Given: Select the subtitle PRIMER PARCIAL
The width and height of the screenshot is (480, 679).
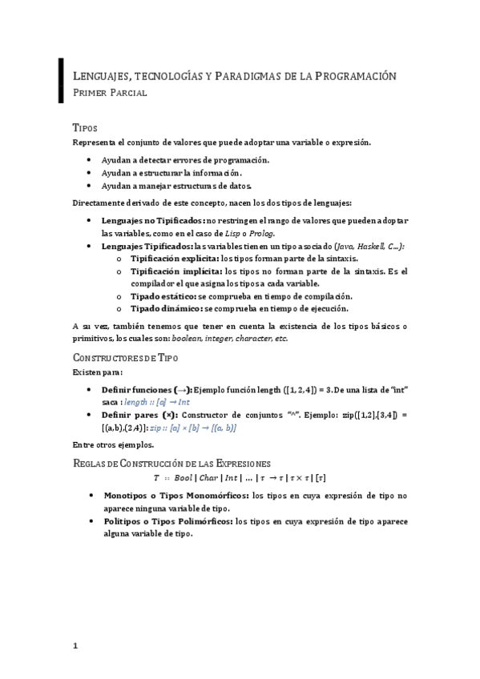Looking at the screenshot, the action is tap(110, 94).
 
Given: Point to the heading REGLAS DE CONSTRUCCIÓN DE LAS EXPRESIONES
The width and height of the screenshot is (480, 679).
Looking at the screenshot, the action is tap(171, 463).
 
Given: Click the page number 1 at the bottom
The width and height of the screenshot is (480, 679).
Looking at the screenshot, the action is tap(75, 646).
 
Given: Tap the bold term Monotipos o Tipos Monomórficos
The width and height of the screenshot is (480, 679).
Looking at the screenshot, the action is tap(175, 495).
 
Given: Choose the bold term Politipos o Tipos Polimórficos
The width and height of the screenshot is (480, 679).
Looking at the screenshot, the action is tap(167, 520).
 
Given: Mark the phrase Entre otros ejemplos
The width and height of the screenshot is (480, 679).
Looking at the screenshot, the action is tap(113, 444).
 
